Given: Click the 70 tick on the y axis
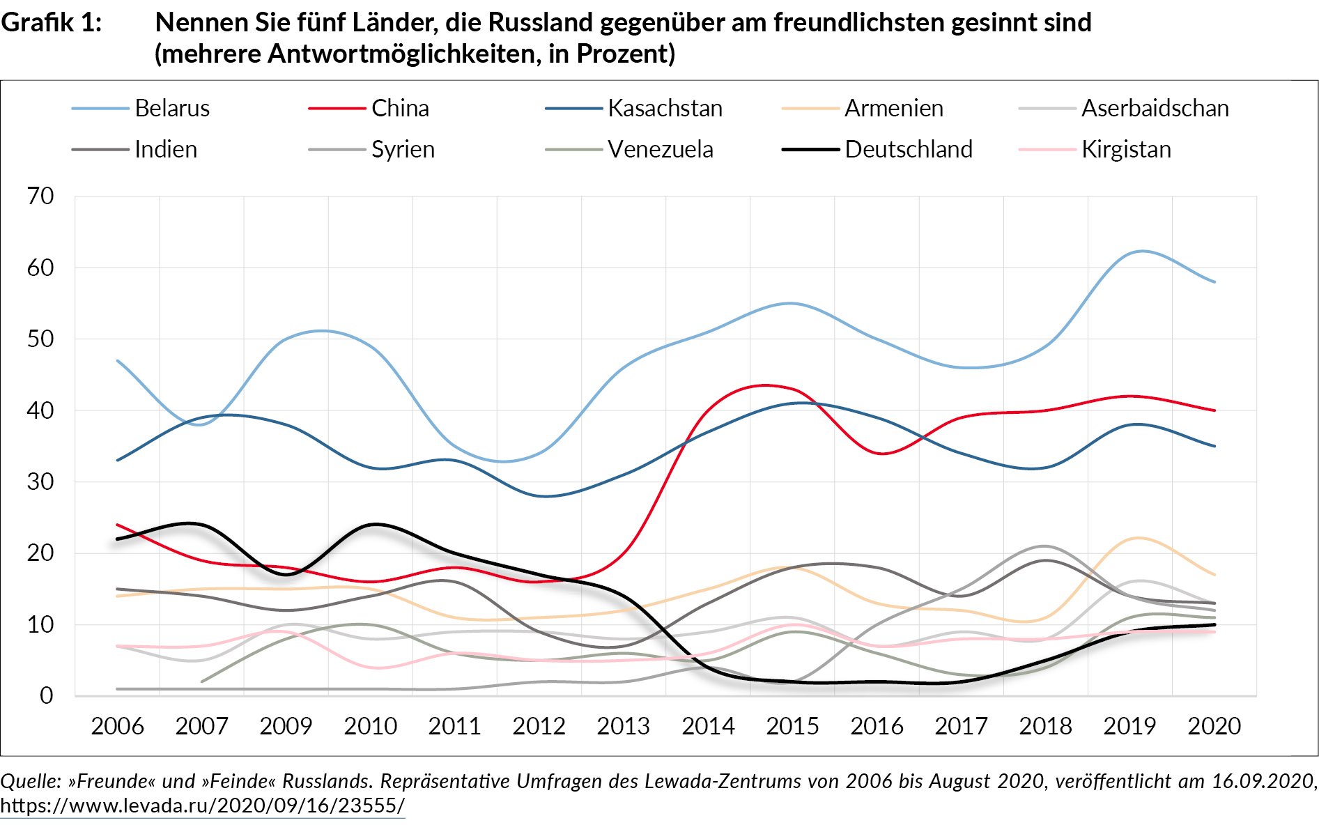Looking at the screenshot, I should point(40,196).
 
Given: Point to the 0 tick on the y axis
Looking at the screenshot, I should point(46,695).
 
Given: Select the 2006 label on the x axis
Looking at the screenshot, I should point(117,726).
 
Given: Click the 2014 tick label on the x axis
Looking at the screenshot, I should point(708,726).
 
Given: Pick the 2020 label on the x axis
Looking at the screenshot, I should point(1214,726).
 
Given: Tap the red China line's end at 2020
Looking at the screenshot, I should point(1214,410).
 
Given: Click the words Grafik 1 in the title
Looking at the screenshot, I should point(52,23).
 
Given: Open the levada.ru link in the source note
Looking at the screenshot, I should point(202,806).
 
